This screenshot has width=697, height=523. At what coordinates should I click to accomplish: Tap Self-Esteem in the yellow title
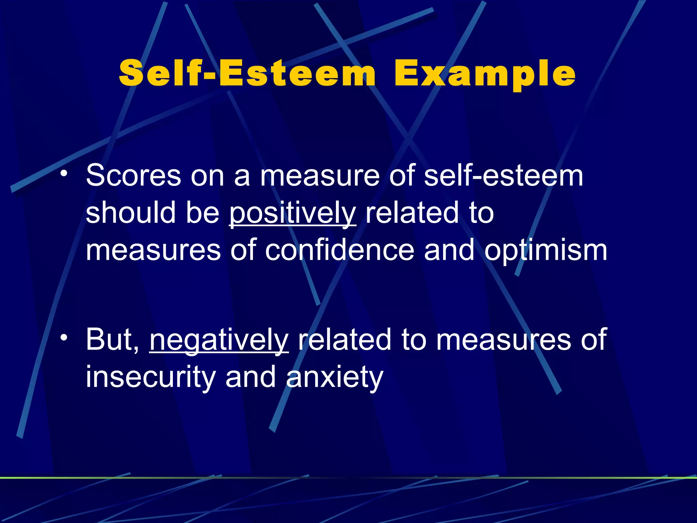coord(247,74)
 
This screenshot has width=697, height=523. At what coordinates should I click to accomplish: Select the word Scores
coord(134,176)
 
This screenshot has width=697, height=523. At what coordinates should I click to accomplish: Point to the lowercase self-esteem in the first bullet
coord(504,176)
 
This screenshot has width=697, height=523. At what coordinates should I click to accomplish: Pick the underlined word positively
coord(292,213)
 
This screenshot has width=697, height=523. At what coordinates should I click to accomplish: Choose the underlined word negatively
coord(219,340)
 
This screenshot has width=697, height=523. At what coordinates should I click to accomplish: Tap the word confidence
coord(339,250)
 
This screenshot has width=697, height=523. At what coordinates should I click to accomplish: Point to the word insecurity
coord(151,377)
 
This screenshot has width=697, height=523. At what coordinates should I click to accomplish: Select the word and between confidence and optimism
coord(449,250)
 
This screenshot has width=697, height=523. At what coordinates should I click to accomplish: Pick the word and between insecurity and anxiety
coord(250,377)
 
